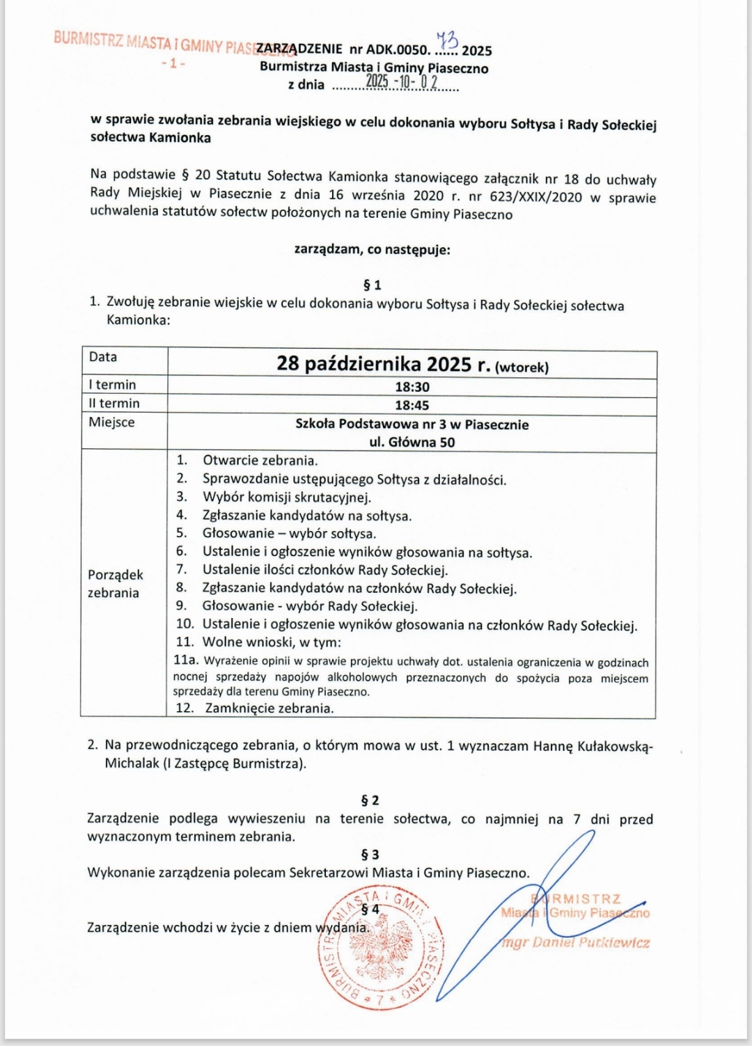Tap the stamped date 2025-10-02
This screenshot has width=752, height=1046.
(402, 82)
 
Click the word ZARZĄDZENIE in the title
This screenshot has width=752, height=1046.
(300, 49)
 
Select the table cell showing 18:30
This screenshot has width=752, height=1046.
(412, 387)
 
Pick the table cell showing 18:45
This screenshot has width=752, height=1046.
(412, 405)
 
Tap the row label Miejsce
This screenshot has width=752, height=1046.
(111, 422)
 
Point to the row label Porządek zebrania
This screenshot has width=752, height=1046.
(115, 583)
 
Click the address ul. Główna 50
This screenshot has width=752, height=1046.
(412, 442)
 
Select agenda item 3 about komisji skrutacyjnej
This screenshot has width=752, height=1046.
(286, 497)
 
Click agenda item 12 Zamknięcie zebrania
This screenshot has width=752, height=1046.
(269, 708)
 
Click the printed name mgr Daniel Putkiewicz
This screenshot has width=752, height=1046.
(575, 943)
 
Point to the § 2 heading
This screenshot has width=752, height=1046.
(370, 800)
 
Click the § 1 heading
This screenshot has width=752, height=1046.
(373, 285)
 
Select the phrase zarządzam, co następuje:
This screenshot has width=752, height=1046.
(372, 249)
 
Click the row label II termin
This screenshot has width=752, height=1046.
(114, 403)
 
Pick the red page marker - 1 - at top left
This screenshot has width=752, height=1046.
(173, 63)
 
